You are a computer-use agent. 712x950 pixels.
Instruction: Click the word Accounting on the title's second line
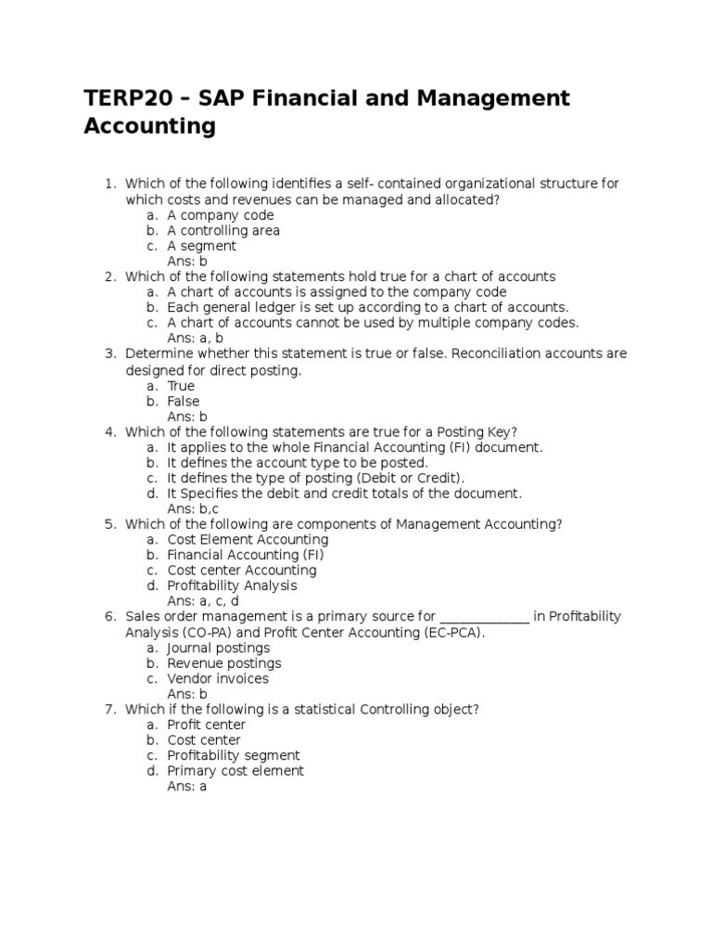point(149,127)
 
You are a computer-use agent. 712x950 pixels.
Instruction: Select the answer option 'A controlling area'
point(223,231)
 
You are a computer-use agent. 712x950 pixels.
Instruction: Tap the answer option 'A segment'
point(201,247)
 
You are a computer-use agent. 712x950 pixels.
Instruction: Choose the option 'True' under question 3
point(181,386)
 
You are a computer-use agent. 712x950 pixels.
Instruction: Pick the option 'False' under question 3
point(183,402)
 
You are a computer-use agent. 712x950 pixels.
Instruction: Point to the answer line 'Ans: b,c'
point(193,509)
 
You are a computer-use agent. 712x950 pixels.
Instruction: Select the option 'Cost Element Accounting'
point(248,540)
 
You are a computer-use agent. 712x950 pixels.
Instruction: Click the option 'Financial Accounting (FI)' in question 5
point(245,556)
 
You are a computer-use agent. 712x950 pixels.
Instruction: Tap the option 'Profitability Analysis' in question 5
point(232,586)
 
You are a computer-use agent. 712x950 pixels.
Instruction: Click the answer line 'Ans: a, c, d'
point(203,602)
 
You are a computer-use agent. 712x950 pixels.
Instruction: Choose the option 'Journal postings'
point(219,648)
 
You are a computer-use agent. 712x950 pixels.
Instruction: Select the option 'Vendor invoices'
point(218,679)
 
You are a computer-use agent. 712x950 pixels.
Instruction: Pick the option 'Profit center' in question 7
point(206,725)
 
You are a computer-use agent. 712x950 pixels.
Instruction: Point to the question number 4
point(109,432)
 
